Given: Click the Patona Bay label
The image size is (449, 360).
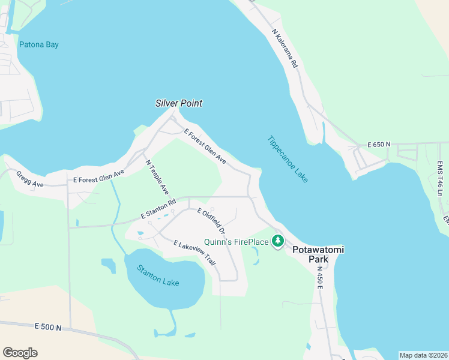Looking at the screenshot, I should tap(38, 44).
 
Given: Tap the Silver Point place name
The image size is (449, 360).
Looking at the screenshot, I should tap(178, 103).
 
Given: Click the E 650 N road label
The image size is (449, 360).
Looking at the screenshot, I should tap(379, 145).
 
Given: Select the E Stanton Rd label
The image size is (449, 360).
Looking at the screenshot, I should tap(158, 208).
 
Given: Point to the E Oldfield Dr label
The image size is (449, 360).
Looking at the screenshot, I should tap(211, 221).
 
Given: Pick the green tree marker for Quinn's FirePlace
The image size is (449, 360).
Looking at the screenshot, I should tap(277, 241).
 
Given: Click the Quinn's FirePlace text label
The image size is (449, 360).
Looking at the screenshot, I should tap(237, 242).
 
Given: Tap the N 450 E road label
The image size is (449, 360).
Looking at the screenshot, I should tap(320, 278).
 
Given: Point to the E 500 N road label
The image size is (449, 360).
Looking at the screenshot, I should tap(49, 327).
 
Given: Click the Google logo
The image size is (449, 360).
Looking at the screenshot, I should tap(20, 353).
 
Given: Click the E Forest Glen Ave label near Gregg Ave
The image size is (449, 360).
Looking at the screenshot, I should tap(98, 176).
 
